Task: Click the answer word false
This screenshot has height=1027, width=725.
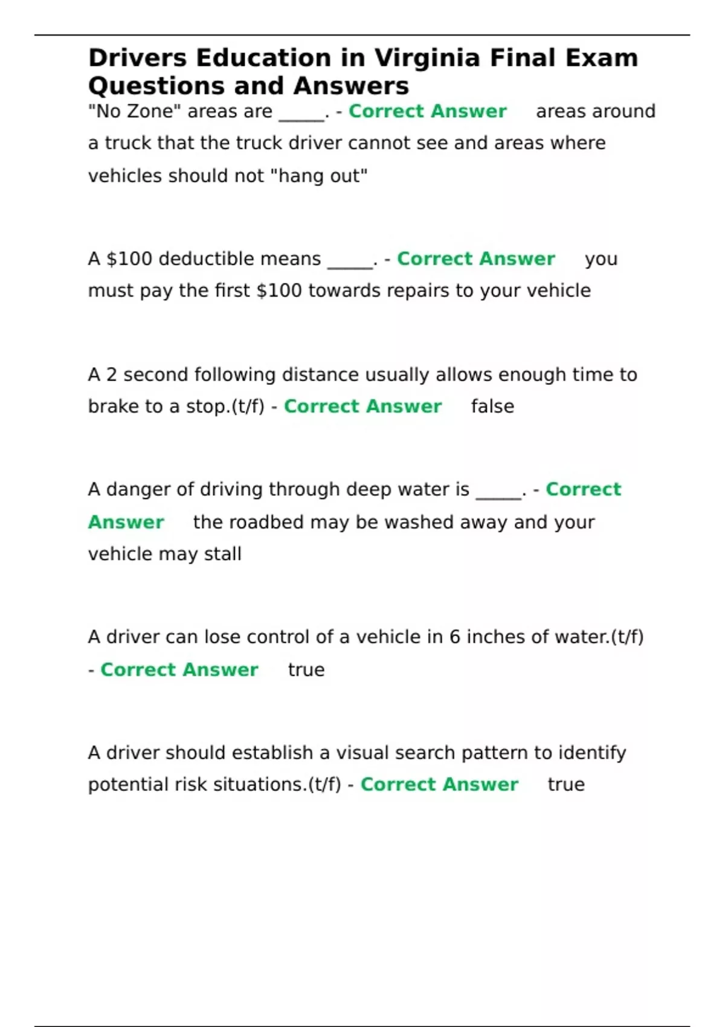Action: click(492, 407)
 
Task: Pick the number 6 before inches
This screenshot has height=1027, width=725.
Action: click(454, 637)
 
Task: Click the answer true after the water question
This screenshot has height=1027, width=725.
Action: click(306, 670)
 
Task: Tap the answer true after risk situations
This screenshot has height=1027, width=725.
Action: click(566, 785)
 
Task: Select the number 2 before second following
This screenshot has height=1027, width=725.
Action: click(111, 375)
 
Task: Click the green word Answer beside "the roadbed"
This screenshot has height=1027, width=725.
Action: click(126, 523)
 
